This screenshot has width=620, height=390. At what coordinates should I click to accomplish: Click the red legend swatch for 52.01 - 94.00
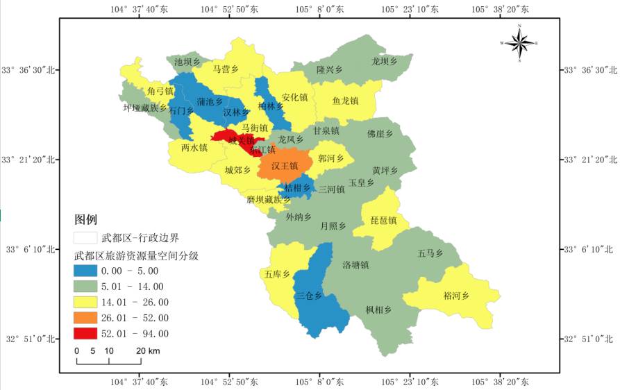tap(86, 334)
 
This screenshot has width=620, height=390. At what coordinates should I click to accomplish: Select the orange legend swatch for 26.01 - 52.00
tap(86, 318)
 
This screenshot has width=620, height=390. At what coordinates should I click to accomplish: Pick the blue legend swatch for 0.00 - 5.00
tap(86, 271)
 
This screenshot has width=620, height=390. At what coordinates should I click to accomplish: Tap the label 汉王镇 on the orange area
tap(284, 167)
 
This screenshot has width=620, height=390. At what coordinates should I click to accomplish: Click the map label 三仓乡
tap(309, 296)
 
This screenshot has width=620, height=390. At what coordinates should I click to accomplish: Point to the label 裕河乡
tap(456, 296)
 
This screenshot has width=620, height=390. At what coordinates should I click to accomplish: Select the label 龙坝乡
tap(384, 62)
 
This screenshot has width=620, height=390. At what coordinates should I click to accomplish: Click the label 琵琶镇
tap(383, 221)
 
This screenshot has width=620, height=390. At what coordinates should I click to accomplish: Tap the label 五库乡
tap(276, 274)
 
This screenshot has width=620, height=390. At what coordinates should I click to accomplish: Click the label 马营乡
tap(226, 69)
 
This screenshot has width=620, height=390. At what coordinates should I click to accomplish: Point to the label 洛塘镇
tap(355, 265)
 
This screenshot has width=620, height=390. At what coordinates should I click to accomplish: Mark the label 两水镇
tap(194, 148)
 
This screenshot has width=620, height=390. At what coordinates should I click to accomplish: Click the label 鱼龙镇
tap(345, 101)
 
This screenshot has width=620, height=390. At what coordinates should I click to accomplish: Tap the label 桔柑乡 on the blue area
tap(297, 188)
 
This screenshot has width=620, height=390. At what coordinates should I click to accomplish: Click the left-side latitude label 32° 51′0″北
tap(28, 339)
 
